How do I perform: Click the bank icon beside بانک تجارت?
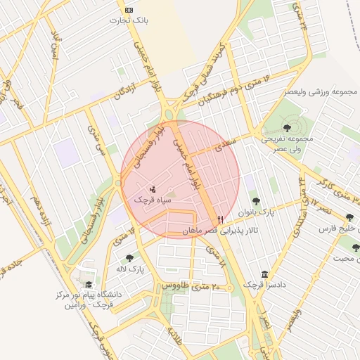[128, 10]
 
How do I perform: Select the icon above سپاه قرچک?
[153, 188]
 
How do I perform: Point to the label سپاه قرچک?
[153, 200]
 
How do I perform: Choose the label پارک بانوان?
[255, 212]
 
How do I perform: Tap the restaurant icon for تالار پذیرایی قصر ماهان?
[221, 219]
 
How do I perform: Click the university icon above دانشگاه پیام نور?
[89, 284]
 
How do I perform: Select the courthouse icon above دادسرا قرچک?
[264, 274]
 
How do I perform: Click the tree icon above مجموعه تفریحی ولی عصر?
[287, 127]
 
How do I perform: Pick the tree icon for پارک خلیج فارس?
[349, 217]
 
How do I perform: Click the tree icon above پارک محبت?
[356, 247]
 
